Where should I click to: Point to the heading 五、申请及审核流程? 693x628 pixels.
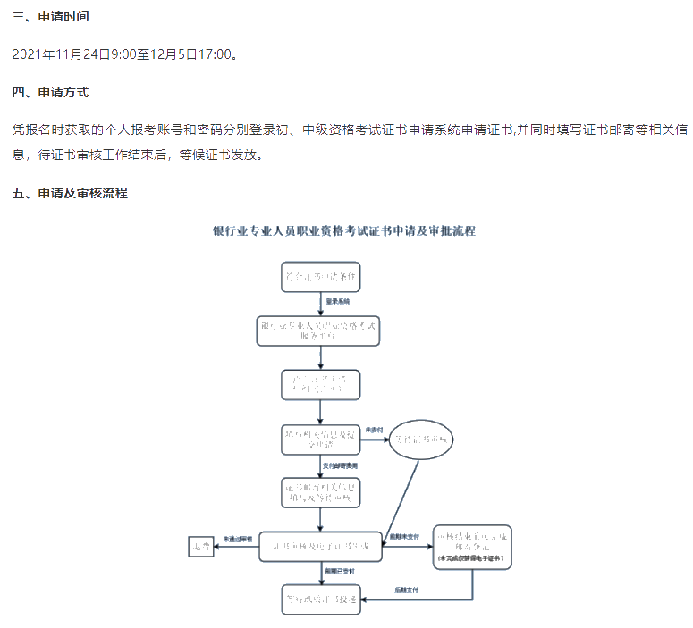(70, 192)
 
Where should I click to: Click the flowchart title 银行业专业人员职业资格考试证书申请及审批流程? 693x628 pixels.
(344, 230)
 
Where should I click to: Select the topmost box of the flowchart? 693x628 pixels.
(320, 277)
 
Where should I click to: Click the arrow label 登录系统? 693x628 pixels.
(338, 302)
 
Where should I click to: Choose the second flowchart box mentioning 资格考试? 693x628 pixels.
(320, 331)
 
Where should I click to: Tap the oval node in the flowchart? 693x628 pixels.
(422, 439)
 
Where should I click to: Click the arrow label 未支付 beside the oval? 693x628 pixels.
(373, 431)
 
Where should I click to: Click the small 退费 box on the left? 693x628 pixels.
(199, 547)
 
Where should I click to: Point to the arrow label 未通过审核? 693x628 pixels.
(239, 539)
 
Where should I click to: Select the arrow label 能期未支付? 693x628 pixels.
(405, 538)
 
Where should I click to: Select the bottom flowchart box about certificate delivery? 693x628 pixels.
(320, 599)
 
